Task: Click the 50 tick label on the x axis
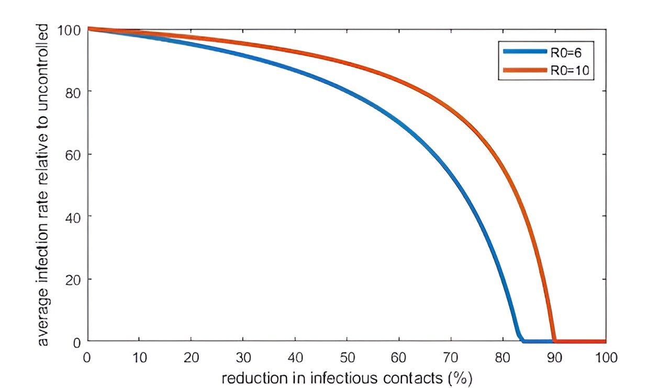click(347, 358)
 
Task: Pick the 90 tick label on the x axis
click(554, 358)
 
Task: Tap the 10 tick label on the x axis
click(139, 358)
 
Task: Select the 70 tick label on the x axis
click(450, 358)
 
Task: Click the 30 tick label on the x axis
click(243, 358)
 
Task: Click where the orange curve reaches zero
click(554, 341)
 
